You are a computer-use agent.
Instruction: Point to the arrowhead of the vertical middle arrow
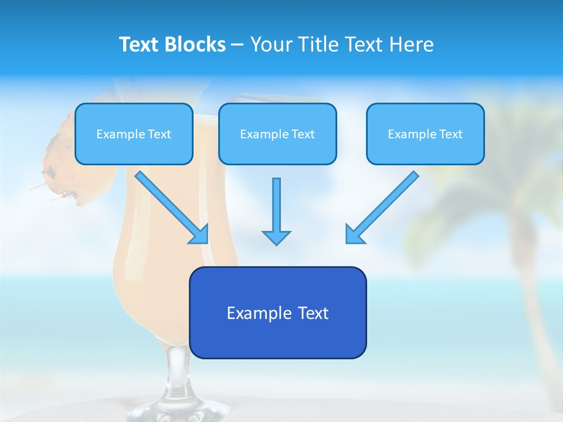click(276, 237)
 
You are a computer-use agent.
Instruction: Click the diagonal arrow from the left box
click(170, 207)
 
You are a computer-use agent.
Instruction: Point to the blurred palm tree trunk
click(528, 281)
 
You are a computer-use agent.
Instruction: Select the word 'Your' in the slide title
click(270, 45)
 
